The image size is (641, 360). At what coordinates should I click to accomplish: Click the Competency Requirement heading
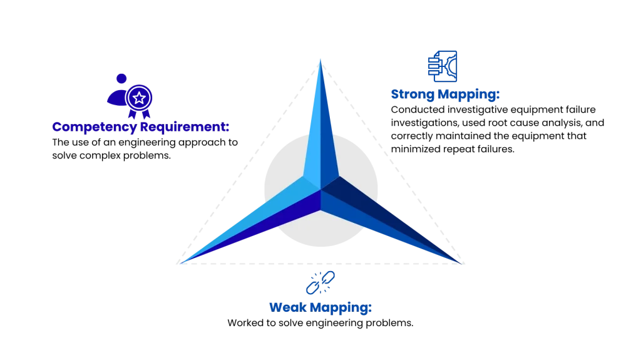141,127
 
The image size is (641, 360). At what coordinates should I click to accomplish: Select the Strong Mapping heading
445,94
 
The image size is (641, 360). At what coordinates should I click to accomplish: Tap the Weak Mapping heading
320,307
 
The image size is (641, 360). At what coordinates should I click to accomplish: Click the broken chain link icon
320,283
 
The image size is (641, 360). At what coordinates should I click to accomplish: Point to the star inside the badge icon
139,98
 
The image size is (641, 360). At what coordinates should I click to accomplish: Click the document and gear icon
443,66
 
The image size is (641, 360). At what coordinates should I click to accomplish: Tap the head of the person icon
121,78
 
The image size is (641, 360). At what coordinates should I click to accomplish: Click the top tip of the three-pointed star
320,59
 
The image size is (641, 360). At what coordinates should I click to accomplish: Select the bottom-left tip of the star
181,263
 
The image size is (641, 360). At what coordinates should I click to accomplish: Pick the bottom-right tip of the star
461,263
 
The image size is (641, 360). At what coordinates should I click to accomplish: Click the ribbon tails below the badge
140,114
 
